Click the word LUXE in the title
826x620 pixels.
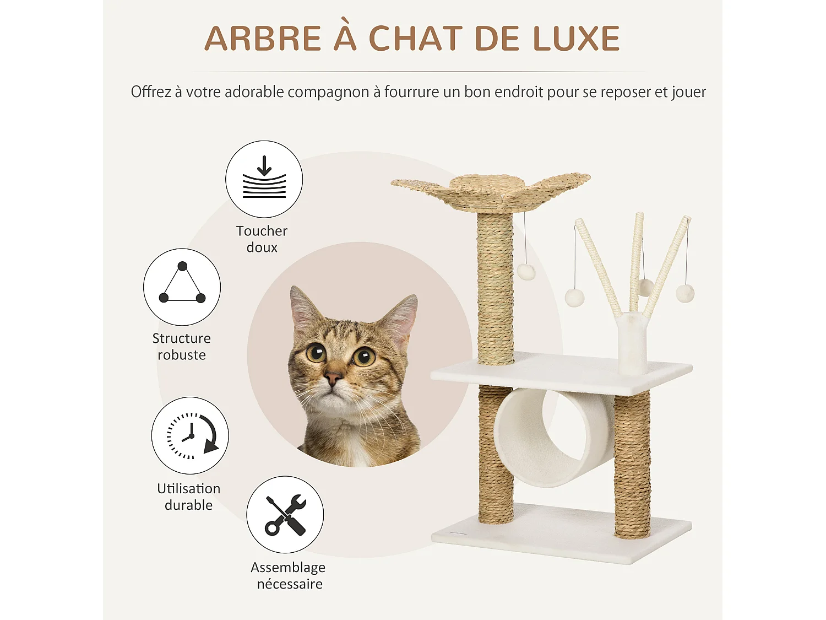(576, 39)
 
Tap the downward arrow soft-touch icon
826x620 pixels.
(264, 179)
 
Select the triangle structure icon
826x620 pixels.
(182, 287)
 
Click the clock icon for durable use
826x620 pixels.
(191, 435)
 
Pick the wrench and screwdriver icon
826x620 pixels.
(285, 515)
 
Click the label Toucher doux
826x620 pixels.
(262, 239)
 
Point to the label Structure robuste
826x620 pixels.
(182, 347)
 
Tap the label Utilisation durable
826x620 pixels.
(189, 497)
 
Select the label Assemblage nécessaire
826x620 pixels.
(289, 575)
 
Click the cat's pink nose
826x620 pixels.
(333, 379)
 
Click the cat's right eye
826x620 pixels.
(364, 357)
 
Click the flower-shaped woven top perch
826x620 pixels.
(490, 190)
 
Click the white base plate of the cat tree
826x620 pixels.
(562, 535)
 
